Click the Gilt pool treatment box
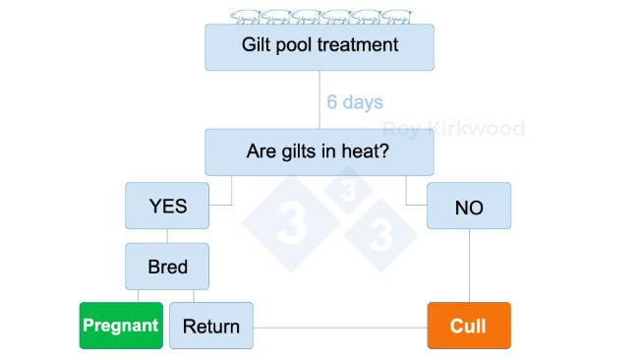pyautogui.click(x=319, y=46)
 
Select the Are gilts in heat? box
pyautogui.click(x=319, y=152)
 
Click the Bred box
pyautogui.click(x=167, y=266)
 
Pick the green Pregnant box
pyautogui.click(x=120, y=326)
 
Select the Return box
pyautogui.click(x=211, y=326)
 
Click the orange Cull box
pyautogui.click(x=469, y=326)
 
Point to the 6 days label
pyautogui.click(x=355, y=102)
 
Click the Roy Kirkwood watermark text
pyautogui.click(x=453, y=129)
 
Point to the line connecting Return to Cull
pyautogui.click(x=339, y=326)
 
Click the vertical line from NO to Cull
pyautogui.click(x=469, y=266)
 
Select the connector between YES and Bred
pyautogui.click(x=167, y=236)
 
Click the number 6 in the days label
pyautogui.click(x=333, y=102)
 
